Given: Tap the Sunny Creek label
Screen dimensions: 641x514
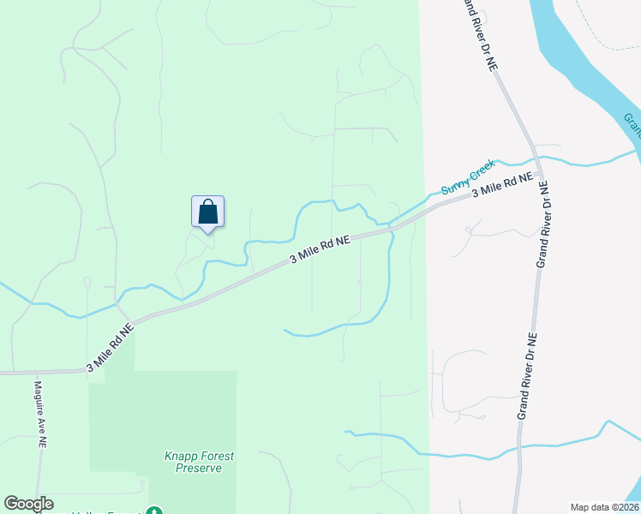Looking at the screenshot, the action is pos(468,177).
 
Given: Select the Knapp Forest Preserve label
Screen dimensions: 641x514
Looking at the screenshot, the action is pos(199,462).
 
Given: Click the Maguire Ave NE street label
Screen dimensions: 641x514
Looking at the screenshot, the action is pos(39,415).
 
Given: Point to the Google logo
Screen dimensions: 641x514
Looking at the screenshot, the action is pos(28,504).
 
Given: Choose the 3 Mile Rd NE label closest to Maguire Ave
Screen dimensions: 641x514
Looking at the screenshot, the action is pos(111,347).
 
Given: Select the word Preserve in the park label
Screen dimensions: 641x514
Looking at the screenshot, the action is pos(199,468).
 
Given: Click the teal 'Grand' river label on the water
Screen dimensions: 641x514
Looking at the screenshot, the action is pos(632,125).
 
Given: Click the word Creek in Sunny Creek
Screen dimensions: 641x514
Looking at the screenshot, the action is pos(482,170).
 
